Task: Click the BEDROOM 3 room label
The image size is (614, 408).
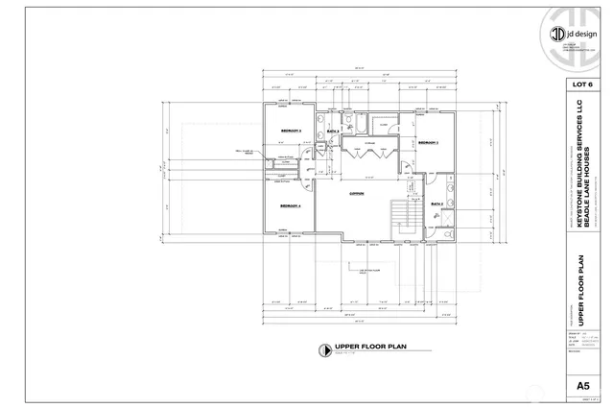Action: [x=291, y=131]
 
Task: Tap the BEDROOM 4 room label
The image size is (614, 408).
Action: [x=291, y=206]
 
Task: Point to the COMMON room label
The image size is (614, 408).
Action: [x=357, y=193]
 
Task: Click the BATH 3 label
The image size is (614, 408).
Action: [x=334, y=130]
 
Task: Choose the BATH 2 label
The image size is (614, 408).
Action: [x=436, y=204]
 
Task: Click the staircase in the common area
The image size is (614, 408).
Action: [x=401, y=221]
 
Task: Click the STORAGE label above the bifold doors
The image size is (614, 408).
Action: [x=367, y=143]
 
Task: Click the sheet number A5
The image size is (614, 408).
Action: [x=581, y=386]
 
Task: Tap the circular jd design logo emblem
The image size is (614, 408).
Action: [x=556, y=34]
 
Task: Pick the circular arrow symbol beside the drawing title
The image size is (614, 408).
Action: [x=326, y=348]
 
